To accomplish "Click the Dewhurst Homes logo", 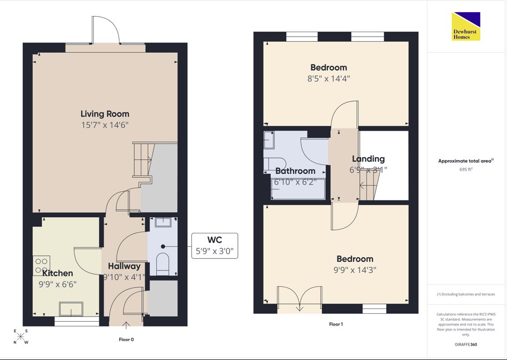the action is tap(466, 27).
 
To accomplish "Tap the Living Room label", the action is tap(105, 114).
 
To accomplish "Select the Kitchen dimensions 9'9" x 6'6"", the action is tap(58, 284).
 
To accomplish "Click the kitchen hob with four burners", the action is tap(41, 266).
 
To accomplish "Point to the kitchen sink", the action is tap(71, 309).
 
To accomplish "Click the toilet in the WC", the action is tap(163, 264).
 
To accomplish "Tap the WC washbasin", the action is tap(163, 222).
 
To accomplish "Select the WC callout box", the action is tap(215, 246).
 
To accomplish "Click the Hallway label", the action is tap(124, 266).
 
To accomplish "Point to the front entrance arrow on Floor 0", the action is tap(126, 325).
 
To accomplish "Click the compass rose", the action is tap(21, 337).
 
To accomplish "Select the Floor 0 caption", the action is tap(126, 339).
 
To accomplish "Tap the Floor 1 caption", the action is tap(336, 324).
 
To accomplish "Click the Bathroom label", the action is tap(295, 171).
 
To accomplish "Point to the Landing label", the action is tap(368, 159).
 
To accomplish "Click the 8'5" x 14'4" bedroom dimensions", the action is tap(329, 78).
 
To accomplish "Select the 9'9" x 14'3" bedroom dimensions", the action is tap(355, 270).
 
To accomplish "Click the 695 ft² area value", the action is tap(466, 169).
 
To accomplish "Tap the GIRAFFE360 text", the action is tap(466, 344).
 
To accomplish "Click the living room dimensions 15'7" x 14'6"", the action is tap(105, 125).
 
